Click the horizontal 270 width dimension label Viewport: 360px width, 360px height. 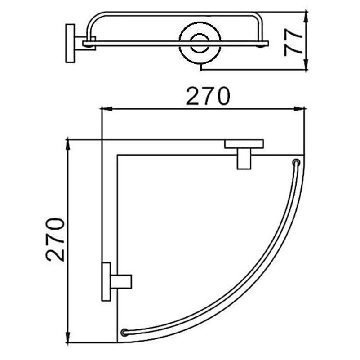click(208, 97)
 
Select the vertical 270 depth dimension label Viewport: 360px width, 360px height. click(56, 239)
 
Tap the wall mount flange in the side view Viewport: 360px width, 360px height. click(70, 43)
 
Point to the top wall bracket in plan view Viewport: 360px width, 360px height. click(244, 150)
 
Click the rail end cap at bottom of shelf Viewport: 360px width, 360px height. click(124, 333)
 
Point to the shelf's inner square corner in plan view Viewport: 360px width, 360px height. click(117, 155)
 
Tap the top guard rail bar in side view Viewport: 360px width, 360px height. click(175, 13)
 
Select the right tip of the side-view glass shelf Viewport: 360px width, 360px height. click(267, 43)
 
